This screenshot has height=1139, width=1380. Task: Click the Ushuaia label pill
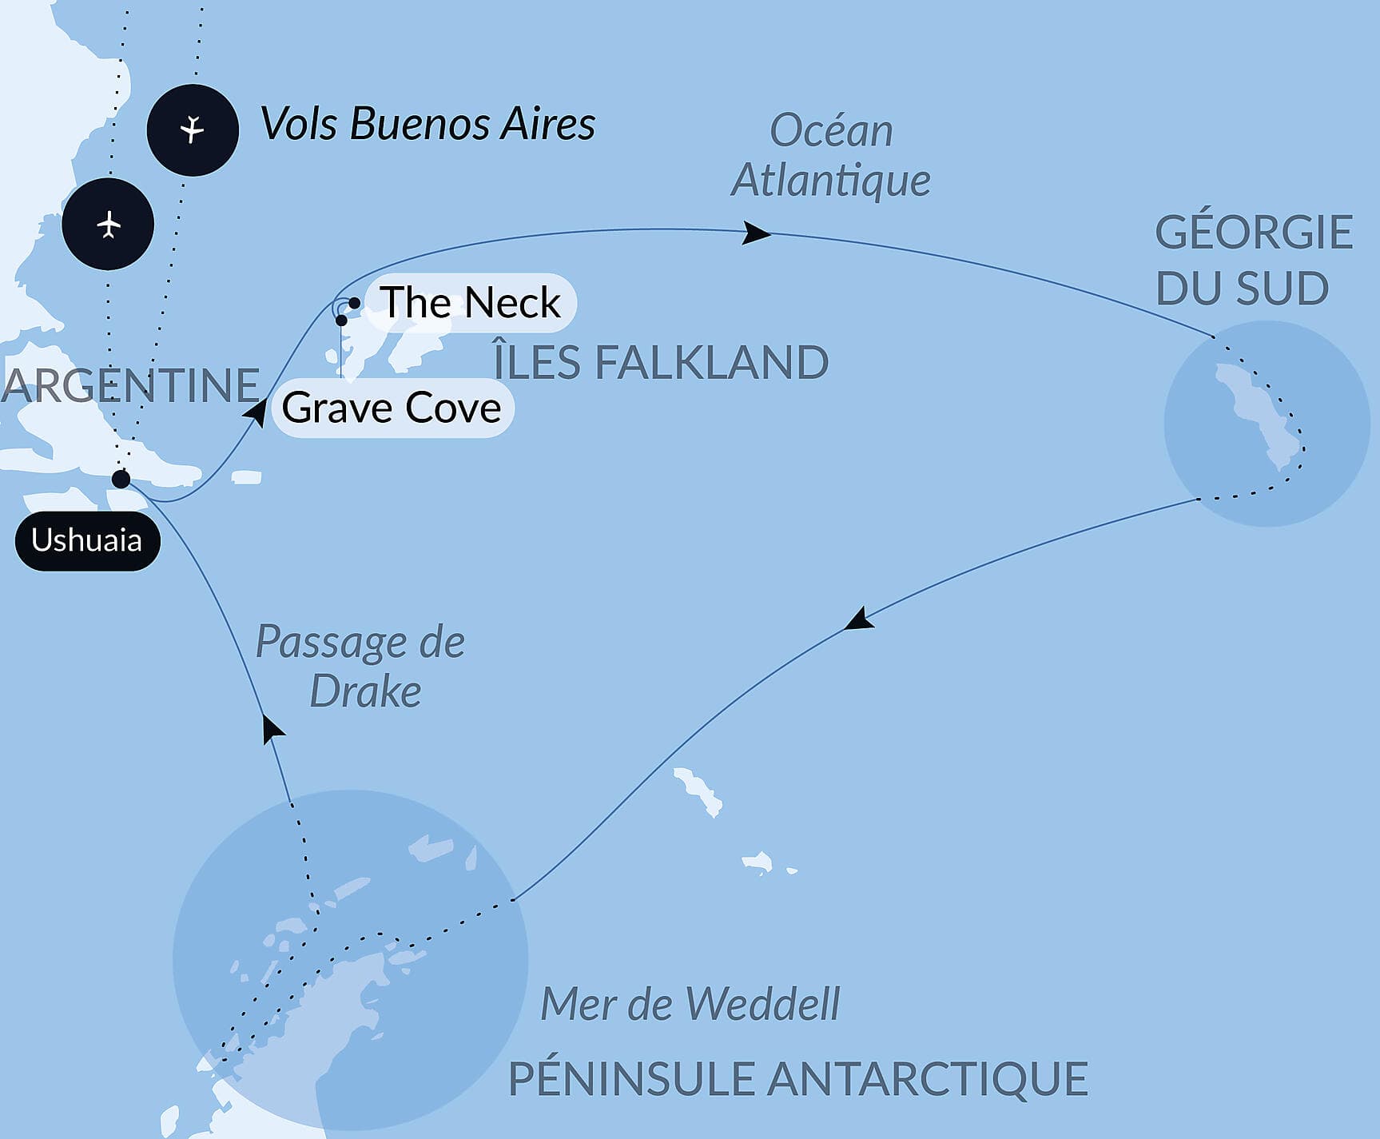pyautogui.click(x=87, y=541)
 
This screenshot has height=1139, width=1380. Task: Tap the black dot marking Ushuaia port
pyautogui.click(x=121, y=479)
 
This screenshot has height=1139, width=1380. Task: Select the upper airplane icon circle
pyautogui.click(x=193, y=129)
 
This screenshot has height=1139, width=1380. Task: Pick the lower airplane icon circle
pyautogui.click(x=108, y=225)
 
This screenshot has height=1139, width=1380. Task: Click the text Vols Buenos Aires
pyautogui.click(x=428, y=125)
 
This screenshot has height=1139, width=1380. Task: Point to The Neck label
pyautogui.click(x=470, y=303)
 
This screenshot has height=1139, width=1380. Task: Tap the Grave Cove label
pyautogui.click(x=392, y=408)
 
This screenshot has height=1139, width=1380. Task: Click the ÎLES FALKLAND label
pyautogui.click(x=661, y=362)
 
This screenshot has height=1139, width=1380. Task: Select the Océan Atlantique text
pyautogui.click(x=831, y=155)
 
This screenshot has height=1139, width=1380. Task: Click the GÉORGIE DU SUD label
pyautogui.click(x=1253, y=260)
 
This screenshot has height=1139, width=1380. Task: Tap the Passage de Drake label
pyautogui.click(x=361, y=667)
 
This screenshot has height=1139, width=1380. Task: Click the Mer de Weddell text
pyautogui.click(x=690, y=1004)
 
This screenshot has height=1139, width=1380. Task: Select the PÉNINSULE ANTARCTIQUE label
pyautogui.click(x=797, y=1078)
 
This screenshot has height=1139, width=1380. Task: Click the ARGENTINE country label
pyautogui.click(x=130, y=385)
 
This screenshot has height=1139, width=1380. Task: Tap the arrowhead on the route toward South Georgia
pyautogui.click(x=756, y=233)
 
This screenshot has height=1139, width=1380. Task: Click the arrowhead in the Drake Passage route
pyautogui.click(x=273, y=728)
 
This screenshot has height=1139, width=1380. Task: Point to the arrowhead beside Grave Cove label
pyautogui.click(x=256, y=412)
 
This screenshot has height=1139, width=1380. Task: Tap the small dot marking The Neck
pyautogui.click(x=353, y=303)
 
